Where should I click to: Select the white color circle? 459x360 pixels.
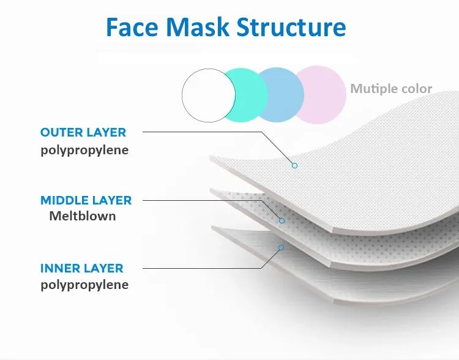[209, 96]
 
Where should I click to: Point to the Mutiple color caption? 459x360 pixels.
[391, 89]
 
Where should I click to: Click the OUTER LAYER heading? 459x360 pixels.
[83, 132]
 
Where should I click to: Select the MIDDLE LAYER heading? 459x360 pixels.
[86, 200]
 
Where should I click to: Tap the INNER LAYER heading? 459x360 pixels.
[82, 268]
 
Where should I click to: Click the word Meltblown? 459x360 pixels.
[83, 216]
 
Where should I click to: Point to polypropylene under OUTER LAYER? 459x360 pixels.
[84, 149]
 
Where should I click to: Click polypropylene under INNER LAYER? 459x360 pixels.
[84, 285]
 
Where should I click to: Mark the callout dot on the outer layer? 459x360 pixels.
[294, 165]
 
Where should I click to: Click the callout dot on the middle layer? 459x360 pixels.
[282, 220]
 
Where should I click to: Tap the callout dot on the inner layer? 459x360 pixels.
[281, 248]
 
